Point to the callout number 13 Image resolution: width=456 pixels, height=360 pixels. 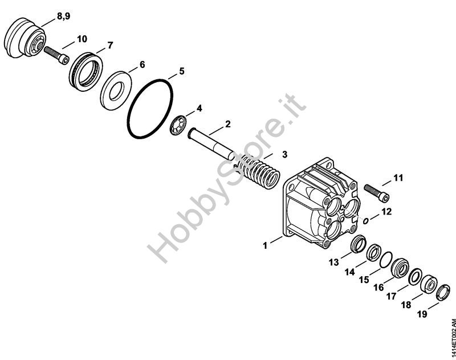333,262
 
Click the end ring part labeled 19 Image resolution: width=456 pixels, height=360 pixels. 441,295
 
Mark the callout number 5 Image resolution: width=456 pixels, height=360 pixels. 181,71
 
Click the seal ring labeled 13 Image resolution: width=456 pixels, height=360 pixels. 357,245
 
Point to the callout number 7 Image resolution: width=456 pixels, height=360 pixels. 110,44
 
